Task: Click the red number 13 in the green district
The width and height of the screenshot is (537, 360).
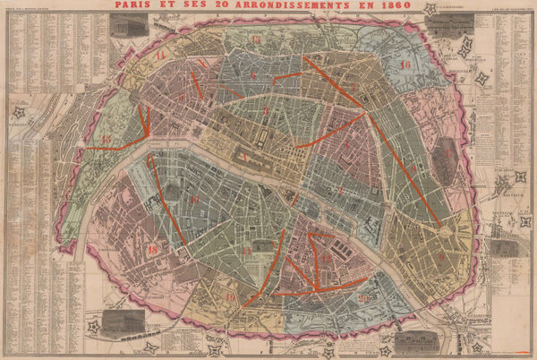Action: click(x=107, y=140)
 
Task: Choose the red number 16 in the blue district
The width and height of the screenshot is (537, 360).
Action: click(x=405, y=65)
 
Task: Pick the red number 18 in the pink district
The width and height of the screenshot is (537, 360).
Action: click(x=152, y=250)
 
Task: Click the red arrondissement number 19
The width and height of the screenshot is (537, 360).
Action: click(x=230, y=296)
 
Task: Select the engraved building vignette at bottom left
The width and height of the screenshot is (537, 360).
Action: click(x=116, y=323)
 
